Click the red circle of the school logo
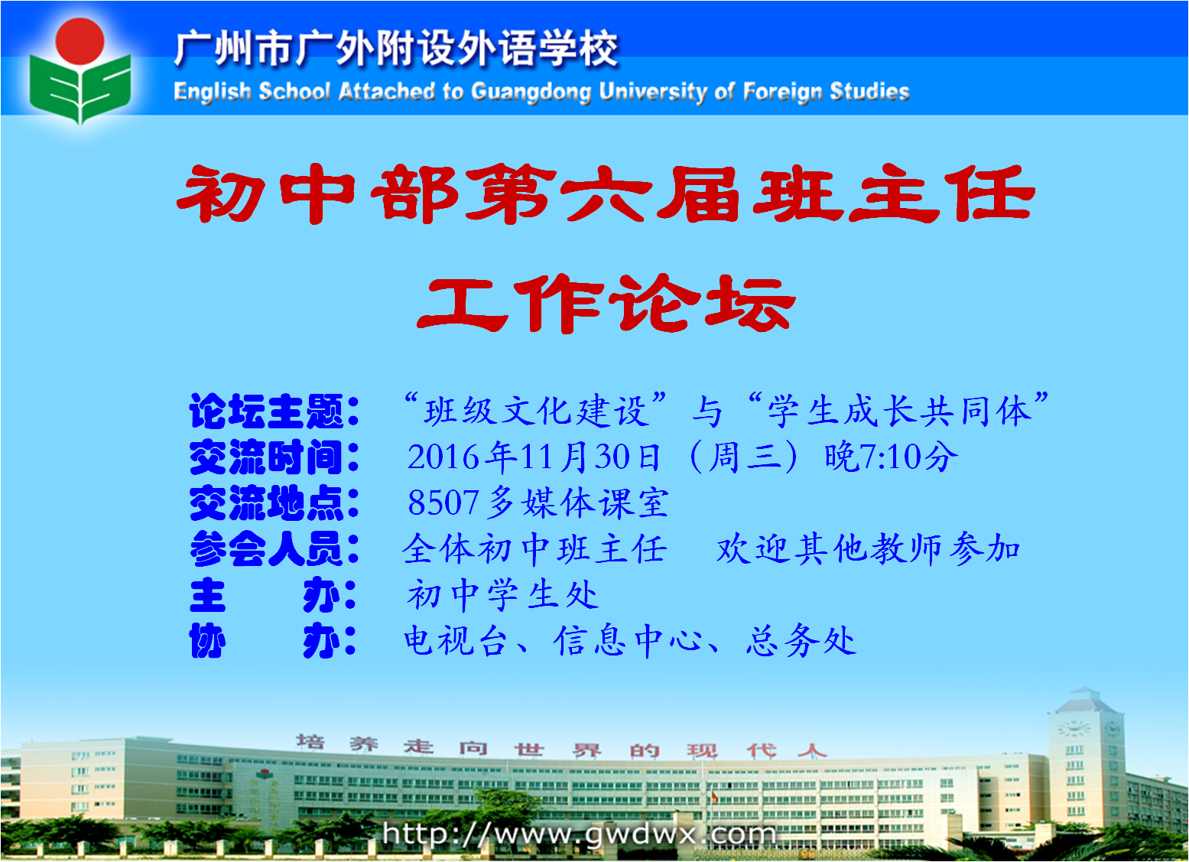(80, 41)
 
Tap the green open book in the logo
(80, 88)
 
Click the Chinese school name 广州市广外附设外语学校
(396, 49)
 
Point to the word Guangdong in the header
(531, 93)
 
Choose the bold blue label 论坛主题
(266, 411)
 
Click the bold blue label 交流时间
(266, 456)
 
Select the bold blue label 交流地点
(266, 503)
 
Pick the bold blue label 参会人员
(266, 548)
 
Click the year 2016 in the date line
(443, 457)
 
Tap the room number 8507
(443, 503)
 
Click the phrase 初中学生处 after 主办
(502, 594)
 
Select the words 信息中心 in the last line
(629, 640)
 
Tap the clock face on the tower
(1074, 728)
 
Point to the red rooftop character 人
(811, 750)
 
